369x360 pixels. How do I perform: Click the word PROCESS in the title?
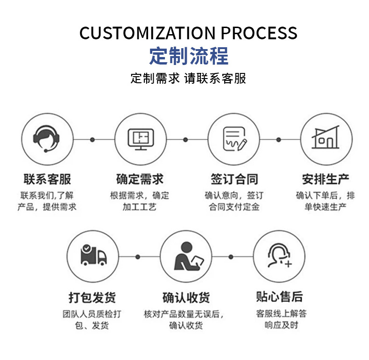[258, 33]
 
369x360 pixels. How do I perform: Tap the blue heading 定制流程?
[189, 56]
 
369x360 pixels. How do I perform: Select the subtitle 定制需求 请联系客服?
[188, 78]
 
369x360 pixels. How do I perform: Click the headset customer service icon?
[47, 139]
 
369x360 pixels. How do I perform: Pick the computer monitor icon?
[140, 139]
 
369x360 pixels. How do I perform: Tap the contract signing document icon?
[234, 139]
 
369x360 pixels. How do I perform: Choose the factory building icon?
[326, 139]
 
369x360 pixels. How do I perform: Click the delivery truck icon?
[92, 256]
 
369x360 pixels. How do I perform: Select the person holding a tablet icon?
[186, 256]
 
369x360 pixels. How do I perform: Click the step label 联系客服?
[47, 179]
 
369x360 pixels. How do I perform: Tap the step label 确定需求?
[140, 179]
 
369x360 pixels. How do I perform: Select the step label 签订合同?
[234, 179]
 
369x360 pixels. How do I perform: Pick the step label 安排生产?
[326, 179]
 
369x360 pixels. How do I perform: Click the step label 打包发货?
[92, 297]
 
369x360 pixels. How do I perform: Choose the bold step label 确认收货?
[186, 297]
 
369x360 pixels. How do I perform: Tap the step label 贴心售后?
[279, 297]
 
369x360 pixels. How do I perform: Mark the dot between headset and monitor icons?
[92, 139]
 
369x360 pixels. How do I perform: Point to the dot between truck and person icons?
[138, 257]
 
